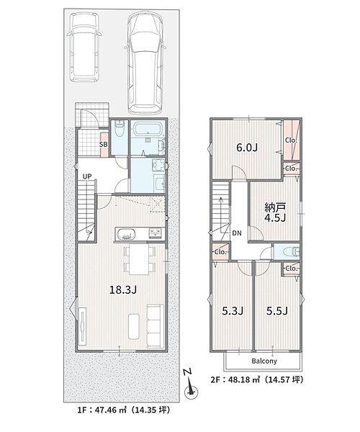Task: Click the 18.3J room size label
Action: (x=123, y=289)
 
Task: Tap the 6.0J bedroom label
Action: (x=247, y=148)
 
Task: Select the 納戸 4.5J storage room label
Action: (x=275, y=212)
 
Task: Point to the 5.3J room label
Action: (x=233, y=311)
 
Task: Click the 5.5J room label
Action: (x=277, y=311)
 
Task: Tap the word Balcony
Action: (x=264, y=361)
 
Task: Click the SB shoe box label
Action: (x=104, y=145)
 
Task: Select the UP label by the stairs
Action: (x=88, y=176)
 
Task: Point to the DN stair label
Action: (x=237, y=233)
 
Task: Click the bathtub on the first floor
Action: (x=148, y=129)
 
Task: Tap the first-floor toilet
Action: (x=120, y=128)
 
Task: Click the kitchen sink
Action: (x=127, y=235)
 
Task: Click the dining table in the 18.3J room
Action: (x=139, y=258)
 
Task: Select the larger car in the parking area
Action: (x=145, y=63)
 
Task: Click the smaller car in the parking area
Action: (x=84, y=48)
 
